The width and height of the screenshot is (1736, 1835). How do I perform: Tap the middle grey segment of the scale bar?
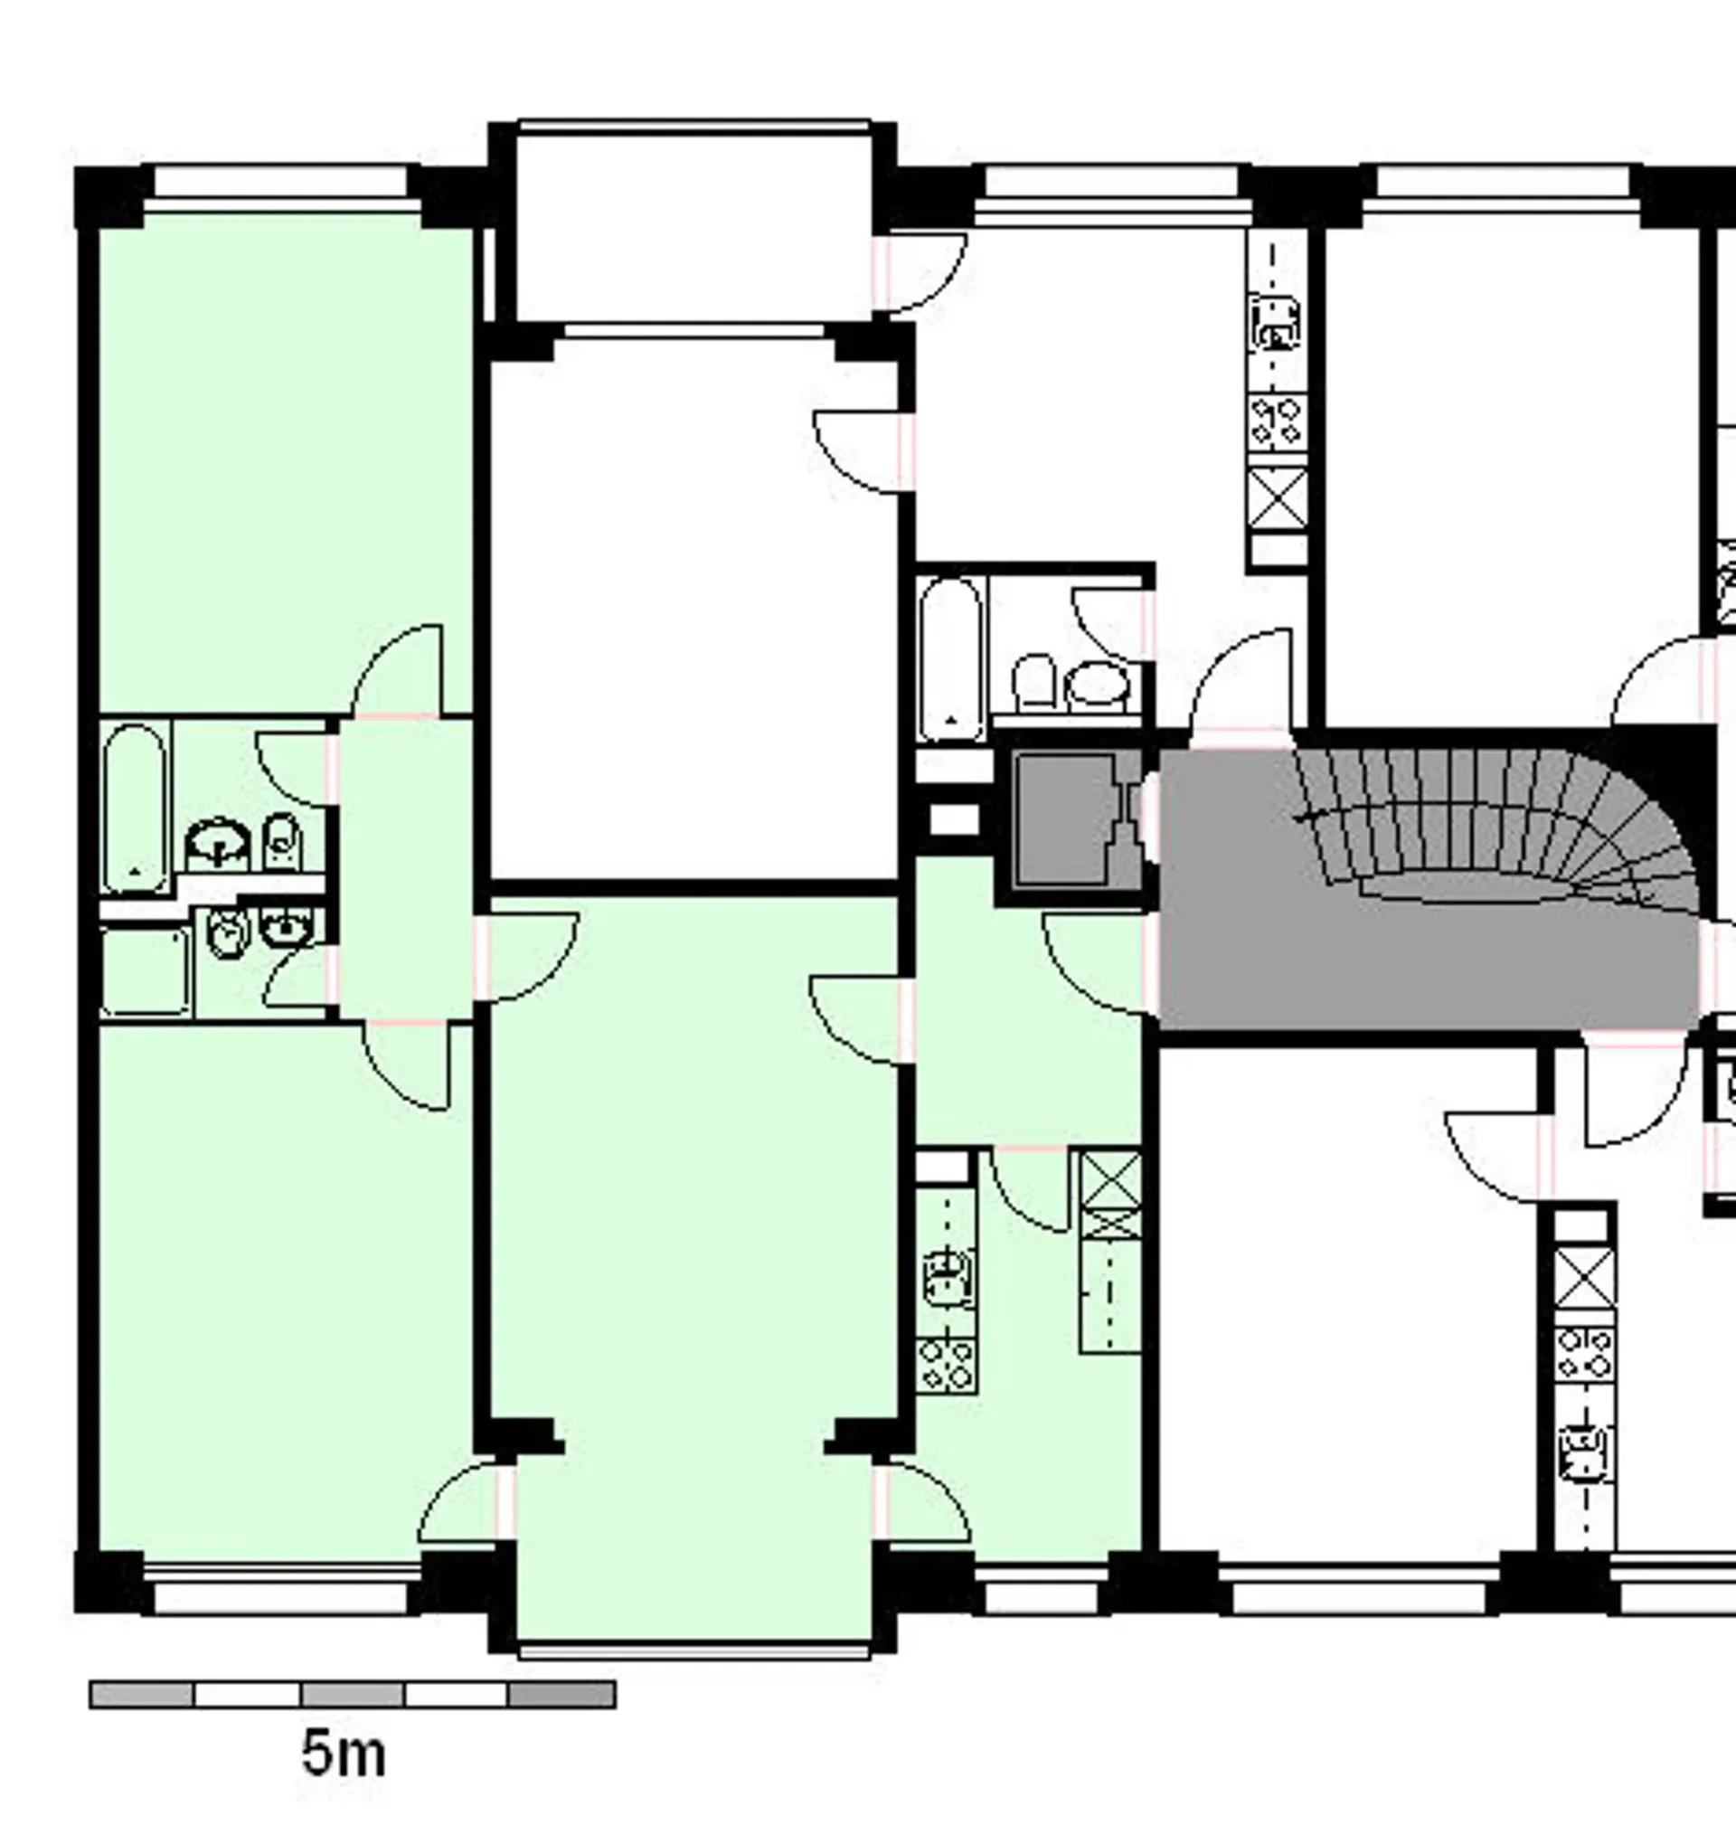click(353, 1694)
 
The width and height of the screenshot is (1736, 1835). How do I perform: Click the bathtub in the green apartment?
click(135, 807)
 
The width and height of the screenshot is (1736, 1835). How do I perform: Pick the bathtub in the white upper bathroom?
click(951, 659)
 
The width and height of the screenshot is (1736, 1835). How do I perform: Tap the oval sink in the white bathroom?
click(1098, 684)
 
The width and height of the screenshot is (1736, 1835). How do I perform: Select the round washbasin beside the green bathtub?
click(219, 842)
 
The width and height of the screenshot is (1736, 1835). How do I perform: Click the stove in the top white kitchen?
click(1277, 422)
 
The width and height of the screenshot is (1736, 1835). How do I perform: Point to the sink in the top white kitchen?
click(1276, 323)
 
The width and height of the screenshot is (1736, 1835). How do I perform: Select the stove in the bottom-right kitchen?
click(1584, 1353)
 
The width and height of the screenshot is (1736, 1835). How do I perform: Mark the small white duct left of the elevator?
click(953, 819)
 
